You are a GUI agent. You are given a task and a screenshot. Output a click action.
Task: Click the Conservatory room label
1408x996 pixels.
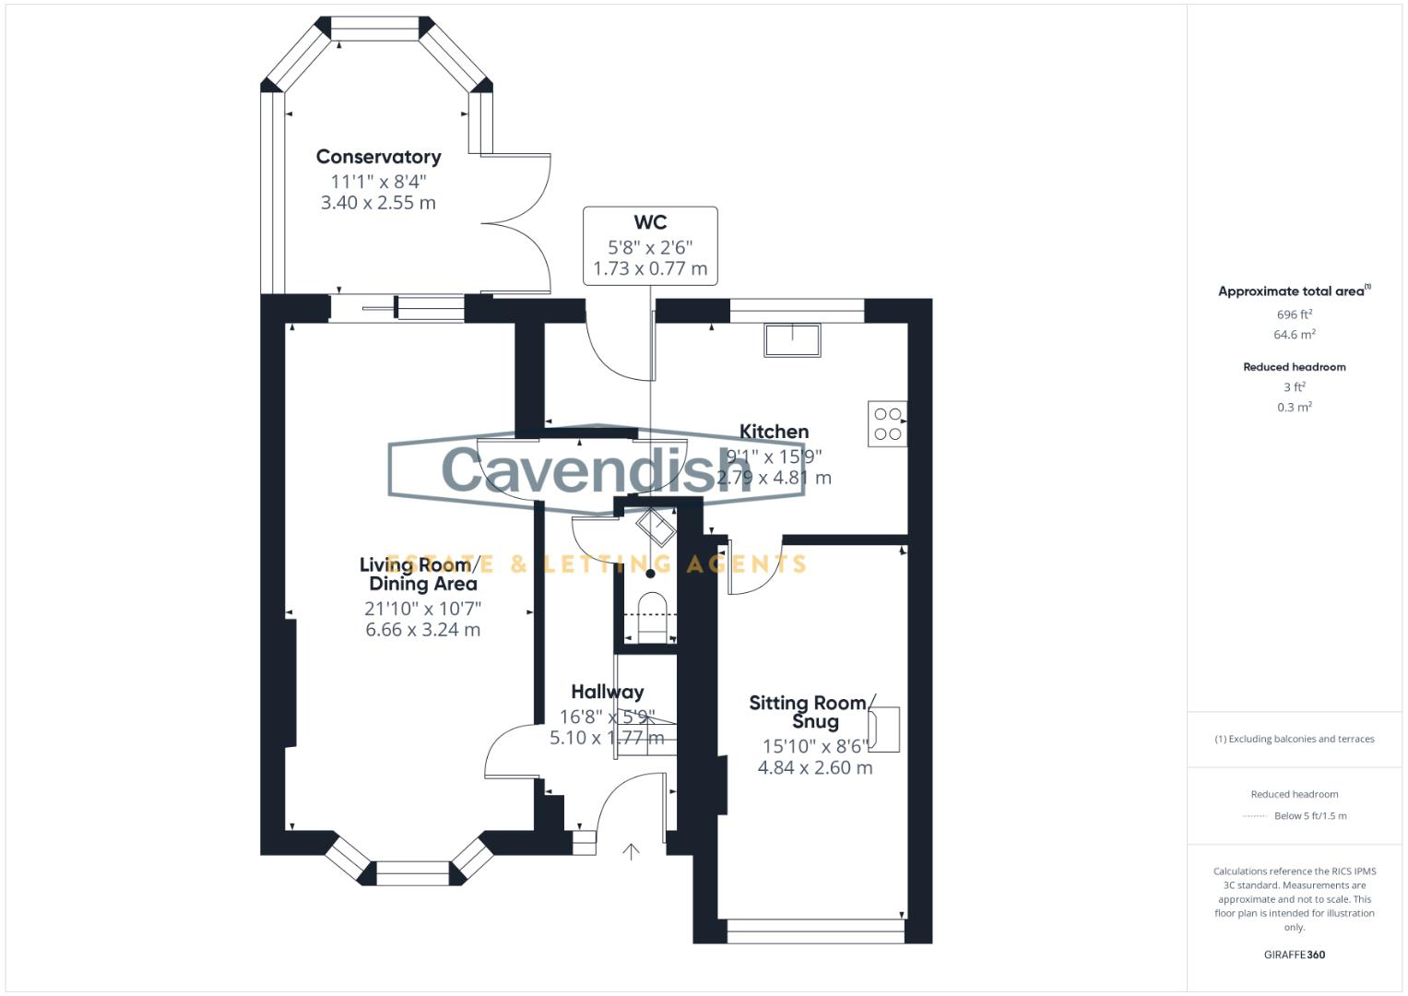click(378, 157)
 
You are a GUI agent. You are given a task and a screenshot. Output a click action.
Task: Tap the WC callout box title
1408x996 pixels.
click(650, 222)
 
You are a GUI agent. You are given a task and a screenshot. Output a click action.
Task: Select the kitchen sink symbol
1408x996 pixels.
click(792, 339)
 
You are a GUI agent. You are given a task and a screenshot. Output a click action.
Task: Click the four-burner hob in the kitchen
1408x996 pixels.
click(887, 424)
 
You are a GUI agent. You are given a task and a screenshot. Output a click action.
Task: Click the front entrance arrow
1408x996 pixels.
click(631, 851)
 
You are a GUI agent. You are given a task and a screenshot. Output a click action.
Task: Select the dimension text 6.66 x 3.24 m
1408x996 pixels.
click(422, 630)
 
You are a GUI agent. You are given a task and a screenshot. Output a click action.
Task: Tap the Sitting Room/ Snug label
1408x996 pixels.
click(809, 712)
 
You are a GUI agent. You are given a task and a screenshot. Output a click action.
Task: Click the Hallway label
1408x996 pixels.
click(607, 692)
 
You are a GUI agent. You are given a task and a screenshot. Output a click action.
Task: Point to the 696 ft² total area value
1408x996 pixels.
click(1295, 314)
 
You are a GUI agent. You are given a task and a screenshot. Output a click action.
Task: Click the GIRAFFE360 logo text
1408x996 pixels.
click(1295, 954)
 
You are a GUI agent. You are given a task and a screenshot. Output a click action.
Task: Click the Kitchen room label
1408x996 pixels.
click(775, 432)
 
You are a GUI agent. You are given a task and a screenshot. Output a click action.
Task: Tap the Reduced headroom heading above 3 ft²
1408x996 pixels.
click(1295, 367)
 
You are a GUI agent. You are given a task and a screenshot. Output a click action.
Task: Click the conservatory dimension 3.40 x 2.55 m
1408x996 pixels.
click(378, 203)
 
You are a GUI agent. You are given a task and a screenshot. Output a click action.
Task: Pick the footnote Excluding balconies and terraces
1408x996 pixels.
click(1295, 739)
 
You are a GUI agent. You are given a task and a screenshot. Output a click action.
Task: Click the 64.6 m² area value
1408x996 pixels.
click(1295, 335)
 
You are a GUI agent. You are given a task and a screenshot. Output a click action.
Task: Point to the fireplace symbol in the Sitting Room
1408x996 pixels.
click(883, 729)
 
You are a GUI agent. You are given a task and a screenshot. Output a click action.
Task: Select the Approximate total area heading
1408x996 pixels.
click(1293, 291)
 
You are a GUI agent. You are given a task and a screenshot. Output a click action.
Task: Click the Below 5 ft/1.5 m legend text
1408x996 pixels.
click(1310, 816)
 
